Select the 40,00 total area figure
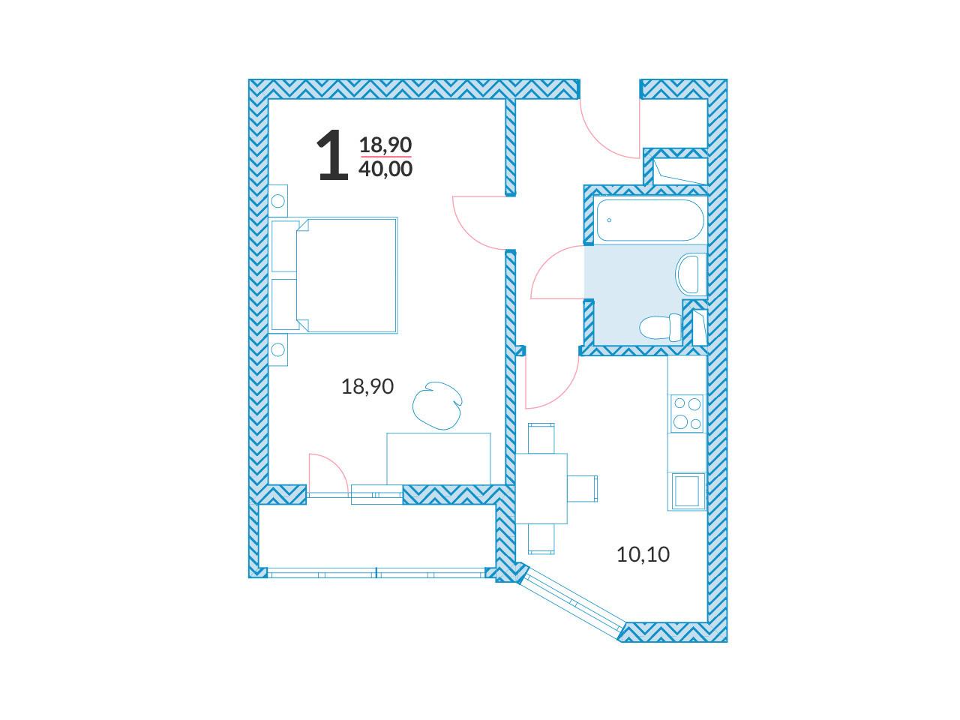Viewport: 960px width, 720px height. click(x=385, y=169)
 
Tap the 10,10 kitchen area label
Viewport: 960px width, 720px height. click(x=643, y=555)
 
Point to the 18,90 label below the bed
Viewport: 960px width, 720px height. click(x=367, y=386)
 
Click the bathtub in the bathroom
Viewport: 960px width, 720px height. click(x=650, y=220)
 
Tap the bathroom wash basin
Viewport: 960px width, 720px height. click(x=691, y=274)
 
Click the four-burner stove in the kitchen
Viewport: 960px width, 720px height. click(x=687, y=413)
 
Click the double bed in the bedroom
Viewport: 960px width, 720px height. click(x=334, y=275)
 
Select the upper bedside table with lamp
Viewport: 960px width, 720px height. click(x=278, y=201)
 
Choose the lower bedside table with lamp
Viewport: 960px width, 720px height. click(x=278, y=349)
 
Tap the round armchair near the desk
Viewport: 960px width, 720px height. click(x=437, y=405)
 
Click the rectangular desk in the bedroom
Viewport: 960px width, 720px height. click(x=438, y=458)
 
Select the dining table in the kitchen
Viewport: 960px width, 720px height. click(x=541, y=488)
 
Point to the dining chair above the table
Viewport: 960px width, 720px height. click(x=541, y=438)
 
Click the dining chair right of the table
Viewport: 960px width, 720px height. click(x=582, y=488)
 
